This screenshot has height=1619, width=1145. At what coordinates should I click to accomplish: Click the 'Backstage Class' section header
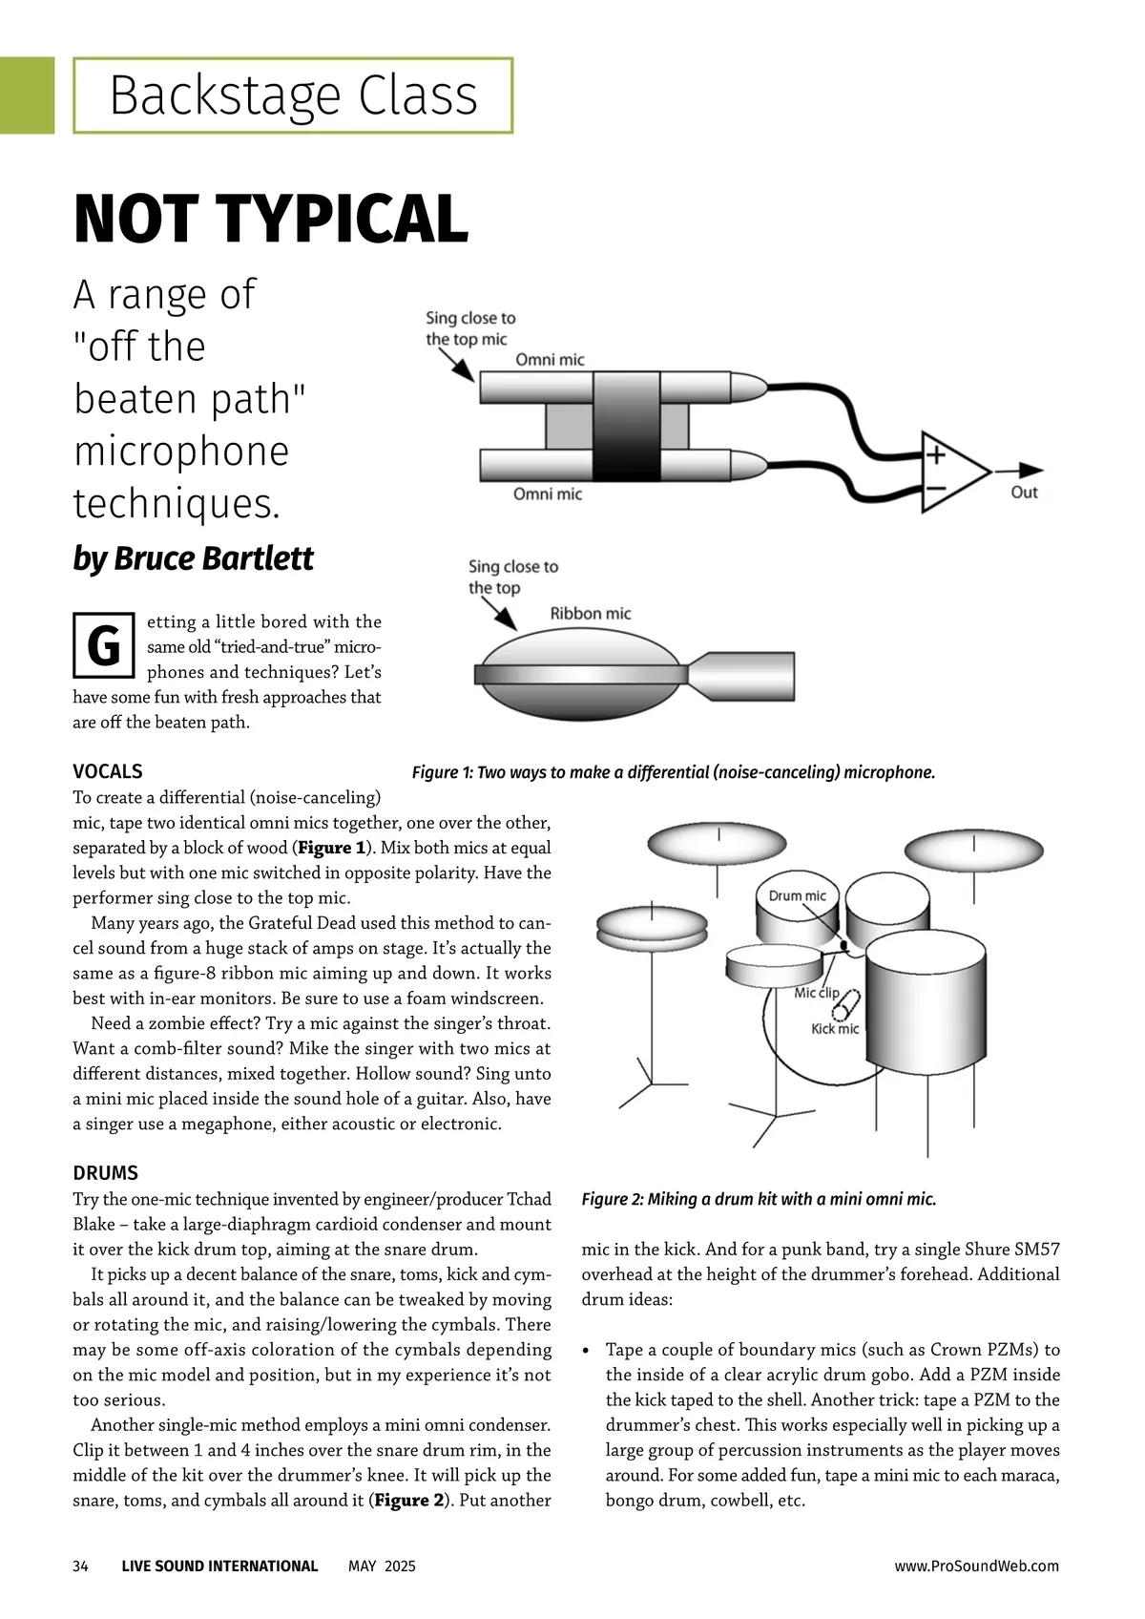[293, 95]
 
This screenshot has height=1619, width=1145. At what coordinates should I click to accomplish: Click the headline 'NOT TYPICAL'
[271, 219]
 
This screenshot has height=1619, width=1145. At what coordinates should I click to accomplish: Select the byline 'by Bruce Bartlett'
[193, 558]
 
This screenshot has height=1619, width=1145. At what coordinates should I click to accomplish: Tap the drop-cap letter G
[103, 646]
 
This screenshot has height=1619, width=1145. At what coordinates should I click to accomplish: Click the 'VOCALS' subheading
[108, 771]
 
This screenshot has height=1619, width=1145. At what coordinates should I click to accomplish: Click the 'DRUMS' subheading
[106, 1173]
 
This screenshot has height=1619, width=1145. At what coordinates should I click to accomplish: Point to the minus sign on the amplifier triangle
[935, 490]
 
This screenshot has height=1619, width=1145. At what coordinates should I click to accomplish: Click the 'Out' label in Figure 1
[1024, 493]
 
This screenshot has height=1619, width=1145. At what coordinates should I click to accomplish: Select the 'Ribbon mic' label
[590, 614]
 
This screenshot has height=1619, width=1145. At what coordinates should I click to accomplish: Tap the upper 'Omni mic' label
[550, 360]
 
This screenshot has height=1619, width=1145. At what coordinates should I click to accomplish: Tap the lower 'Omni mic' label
[547, 494]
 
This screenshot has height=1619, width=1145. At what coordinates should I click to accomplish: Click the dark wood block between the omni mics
[627, 426]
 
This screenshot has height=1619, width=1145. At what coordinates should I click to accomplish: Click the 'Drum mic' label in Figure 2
[797, 895]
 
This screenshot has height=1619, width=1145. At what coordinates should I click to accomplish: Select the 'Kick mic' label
[835, 1029]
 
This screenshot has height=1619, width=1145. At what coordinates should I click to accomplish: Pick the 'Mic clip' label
[817, 993]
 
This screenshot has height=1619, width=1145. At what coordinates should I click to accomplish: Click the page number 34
[80, 1566]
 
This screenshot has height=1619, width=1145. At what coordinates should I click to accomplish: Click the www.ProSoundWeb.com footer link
[976, 1566]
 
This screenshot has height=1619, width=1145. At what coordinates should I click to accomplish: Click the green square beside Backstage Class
[27, 95]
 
